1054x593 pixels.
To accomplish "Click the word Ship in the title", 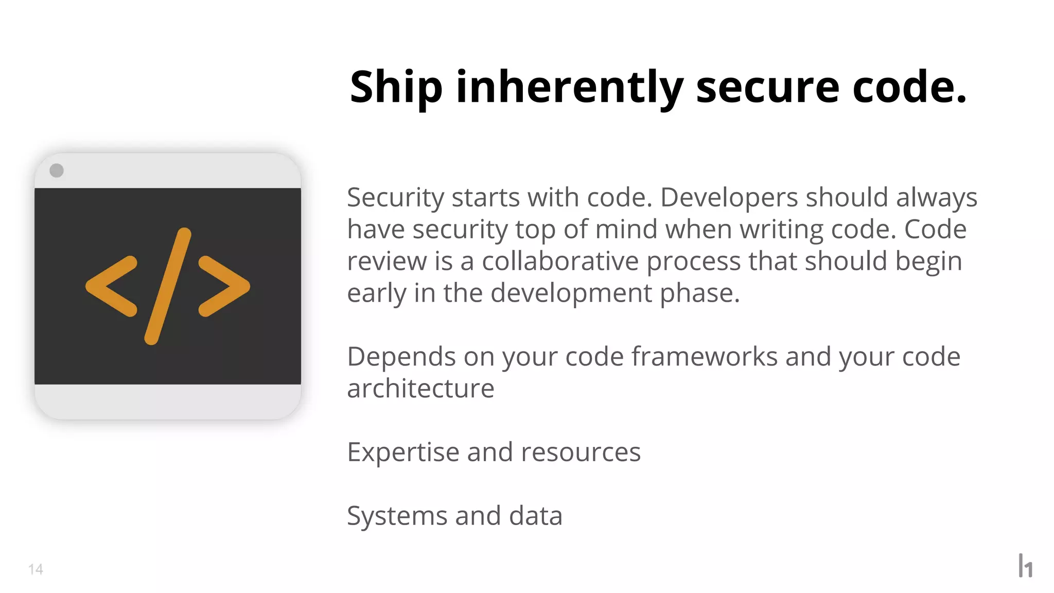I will click(396, 88).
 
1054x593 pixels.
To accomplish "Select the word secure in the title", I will click(767, 88).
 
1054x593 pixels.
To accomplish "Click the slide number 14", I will click(36, 569).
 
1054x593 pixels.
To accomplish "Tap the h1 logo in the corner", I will click(1025, 566).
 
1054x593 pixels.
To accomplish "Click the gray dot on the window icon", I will click(57, 170).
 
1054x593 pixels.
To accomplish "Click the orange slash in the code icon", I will click(168, 286).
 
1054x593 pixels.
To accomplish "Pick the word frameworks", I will click(705, 357).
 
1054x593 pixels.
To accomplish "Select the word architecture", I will click(420, 389).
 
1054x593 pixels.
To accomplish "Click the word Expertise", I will click(403, 453).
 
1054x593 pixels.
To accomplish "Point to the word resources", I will click(581, 453).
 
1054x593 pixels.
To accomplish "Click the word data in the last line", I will click(535, 516).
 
